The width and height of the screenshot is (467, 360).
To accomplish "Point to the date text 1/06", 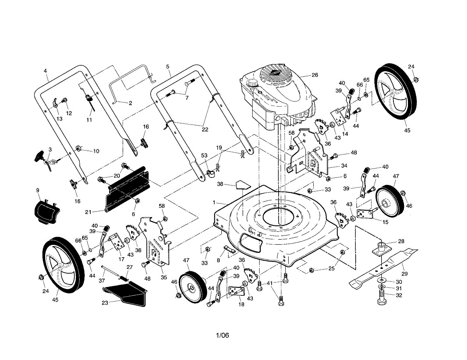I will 223,335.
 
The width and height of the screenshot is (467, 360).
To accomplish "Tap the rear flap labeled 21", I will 126,189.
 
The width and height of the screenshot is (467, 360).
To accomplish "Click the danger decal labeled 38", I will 242,184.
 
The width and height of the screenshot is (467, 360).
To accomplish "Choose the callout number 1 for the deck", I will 214,202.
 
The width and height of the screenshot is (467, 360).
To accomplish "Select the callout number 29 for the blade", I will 404,274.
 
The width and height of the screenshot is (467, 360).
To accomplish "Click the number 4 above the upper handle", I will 45,71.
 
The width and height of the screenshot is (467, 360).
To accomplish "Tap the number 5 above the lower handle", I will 168,67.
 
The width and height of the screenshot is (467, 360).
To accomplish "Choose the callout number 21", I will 89,212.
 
